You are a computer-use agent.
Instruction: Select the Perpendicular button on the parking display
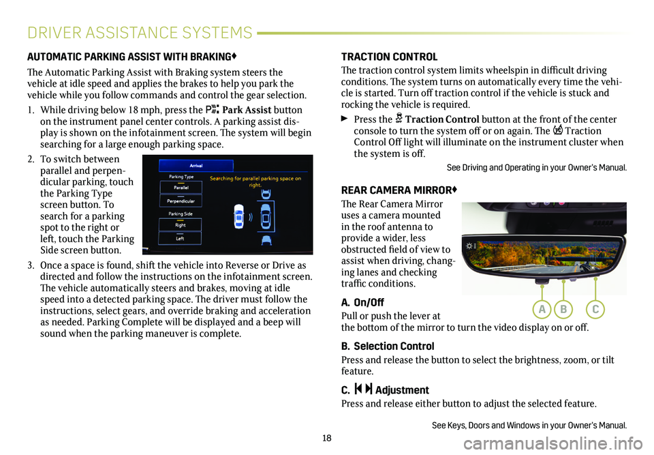pyautogui.click(x=181, y=202)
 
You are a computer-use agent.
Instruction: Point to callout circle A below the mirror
pyautogui.click(x=542, y=309)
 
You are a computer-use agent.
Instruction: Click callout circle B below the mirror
pyautogui.click(x=565, y=309)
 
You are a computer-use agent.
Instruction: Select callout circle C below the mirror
pyautogui.click(x=595, y=309)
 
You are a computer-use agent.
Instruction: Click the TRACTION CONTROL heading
pyautogui.click(x=389, y=57)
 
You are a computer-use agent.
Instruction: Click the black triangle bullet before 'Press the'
pyautogui.click(x=345, y=120)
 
